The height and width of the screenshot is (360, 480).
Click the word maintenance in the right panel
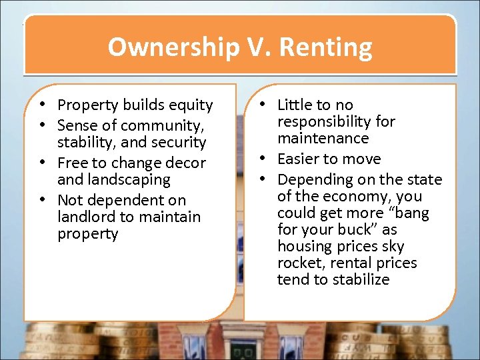tap(323, 138)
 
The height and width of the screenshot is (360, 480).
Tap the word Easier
tap(300, 159)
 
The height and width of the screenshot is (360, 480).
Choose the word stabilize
tap(361, 279)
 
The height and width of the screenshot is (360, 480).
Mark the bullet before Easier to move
tap(264, 159)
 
